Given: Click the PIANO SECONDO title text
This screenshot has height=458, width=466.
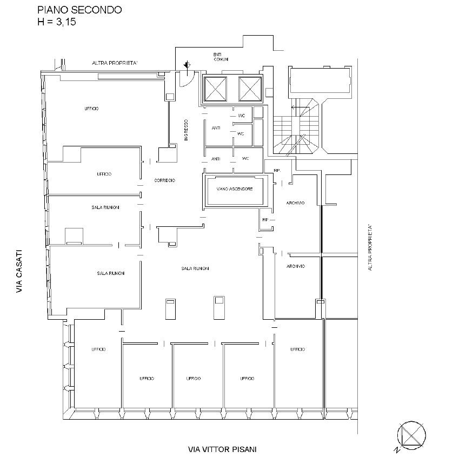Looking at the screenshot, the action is pos(79,10).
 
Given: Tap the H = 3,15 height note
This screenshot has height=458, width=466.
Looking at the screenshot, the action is pos(56,22).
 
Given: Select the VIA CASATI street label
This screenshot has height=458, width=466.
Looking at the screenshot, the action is pos(19,271).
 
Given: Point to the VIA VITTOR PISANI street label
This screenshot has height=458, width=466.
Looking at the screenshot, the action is pos(222,449).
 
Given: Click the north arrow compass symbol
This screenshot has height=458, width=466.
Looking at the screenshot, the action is pos(411,436).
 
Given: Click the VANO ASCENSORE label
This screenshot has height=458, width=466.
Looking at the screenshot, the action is pos(235,189).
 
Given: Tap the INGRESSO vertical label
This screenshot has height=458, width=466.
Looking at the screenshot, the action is pos(186,130).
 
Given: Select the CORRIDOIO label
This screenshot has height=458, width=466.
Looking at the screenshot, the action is pos(165,180).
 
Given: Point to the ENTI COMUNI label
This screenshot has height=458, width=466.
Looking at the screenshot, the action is pos(221,57).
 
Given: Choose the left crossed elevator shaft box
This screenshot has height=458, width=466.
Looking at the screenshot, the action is pos(216,89).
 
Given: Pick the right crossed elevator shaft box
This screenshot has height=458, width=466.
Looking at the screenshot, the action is pos(250,89).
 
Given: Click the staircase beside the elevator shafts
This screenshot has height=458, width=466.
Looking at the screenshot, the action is pos(297,127).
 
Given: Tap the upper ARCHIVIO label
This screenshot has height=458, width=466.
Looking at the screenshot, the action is pos(295,203).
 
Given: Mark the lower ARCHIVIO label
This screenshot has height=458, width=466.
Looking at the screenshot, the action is pos(295,266).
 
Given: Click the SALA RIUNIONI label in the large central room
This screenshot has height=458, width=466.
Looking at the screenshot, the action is pos(195,268).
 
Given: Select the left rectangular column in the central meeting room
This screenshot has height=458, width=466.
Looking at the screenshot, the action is pos(170,309).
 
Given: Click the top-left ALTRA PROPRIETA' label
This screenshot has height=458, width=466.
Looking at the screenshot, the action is pos(115,63).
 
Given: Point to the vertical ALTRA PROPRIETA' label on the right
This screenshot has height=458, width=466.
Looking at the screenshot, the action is pos(370,247).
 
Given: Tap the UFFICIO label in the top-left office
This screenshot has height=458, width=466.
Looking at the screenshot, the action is pos(91,109).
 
